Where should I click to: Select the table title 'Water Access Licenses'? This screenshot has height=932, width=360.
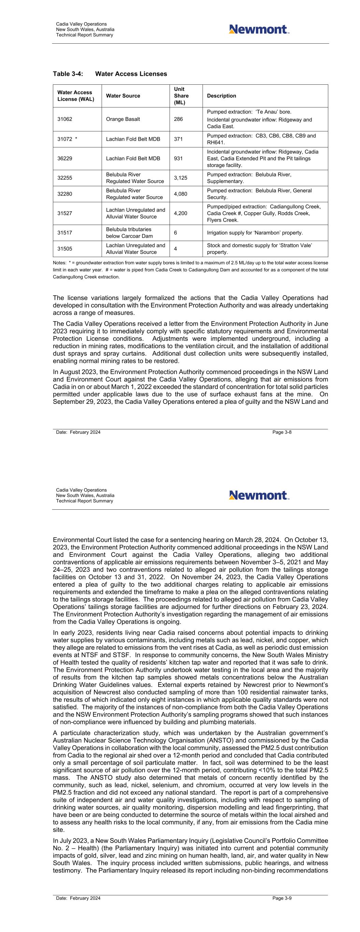(x=131, y=74)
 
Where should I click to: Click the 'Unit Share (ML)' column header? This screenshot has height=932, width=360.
(x=181, y=96)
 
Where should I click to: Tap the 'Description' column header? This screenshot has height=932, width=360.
(x=221, y=96)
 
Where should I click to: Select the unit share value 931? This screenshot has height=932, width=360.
(x=178, y=158)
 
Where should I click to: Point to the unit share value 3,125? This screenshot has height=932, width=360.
(x=181, y=178)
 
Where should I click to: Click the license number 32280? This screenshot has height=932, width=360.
(x=65, y=194)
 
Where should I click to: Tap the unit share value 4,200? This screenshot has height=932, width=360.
(x=181, y=213)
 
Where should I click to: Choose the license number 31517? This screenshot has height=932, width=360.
(x=65, y=232)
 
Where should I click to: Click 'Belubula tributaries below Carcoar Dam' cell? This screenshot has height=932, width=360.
(x=129, y=232)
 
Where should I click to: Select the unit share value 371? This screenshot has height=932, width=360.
(x=178, y=139)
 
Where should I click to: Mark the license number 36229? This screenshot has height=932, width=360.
(x=65, y=158)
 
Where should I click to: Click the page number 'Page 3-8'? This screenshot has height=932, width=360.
(x=282, y=432)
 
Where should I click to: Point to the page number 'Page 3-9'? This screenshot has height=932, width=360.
(x=282, y=898)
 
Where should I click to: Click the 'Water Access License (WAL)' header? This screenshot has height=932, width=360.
(x=75, y=96)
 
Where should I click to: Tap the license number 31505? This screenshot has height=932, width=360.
(x=65, y=249)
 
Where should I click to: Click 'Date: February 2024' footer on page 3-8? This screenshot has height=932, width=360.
(x=78, y=432)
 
